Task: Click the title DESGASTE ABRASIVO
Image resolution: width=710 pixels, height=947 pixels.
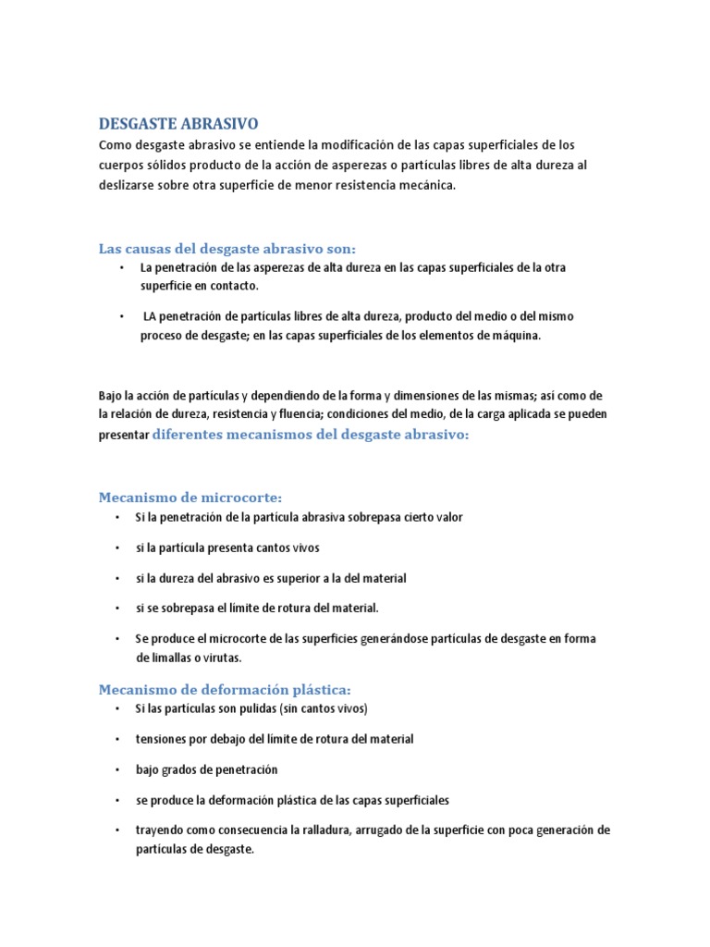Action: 179,123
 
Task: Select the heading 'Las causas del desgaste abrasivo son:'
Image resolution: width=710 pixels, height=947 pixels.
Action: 227,248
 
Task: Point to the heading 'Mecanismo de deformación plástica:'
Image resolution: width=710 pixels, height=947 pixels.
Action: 226,690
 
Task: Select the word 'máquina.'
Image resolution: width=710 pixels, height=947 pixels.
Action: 514,336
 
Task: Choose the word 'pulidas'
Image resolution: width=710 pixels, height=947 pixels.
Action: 226,709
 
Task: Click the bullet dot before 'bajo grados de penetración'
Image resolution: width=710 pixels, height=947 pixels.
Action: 118,769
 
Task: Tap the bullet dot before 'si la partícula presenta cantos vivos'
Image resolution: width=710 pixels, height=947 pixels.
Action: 118,547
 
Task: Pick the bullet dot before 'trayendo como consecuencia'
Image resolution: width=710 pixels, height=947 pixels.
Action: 118,830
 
